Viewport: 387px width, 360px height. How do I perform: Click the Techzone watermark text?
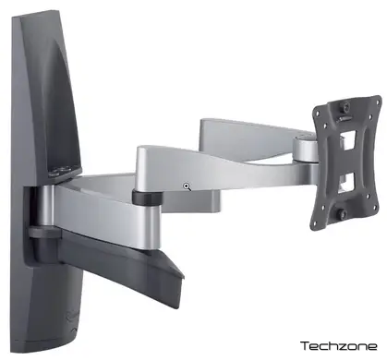[x=339, y=346]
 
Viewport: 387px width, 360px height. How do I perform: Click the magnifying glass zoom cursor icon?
[x=187, y=186]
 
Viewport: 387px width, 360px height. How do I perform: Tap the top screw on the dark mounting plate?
[x=345, y=108]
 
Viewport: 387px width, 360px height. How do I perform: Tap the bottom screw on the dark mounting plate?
[x=341, y=214]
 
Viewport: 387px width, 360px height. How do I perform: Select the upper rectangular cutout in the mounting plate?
[x=348, y=140]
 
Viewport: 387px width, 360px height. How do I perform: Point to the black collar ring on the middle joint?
[x=148, y=198]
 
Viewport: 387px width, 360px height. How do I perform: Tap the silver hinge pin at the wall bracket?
[x=44, y=205]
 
